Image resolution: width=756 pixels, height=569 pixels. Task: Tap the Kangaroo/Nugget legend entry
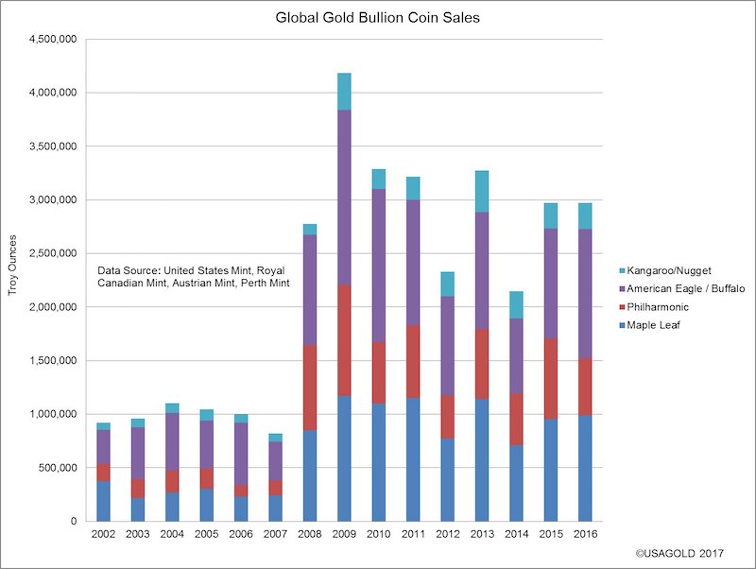(x=671, y=271)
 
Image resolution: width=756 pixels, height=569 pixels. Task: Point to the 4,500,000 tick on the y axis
(x=55, y=39)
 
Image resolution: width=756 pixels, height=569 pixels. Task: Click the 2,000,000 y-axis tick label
(x=55, y=307)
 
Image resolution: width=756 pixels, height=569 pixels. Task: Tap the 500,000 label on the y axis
(x=60, y=468)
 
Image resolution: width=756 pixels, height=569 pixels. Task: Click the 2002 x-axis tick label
(x=103, y=535)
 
